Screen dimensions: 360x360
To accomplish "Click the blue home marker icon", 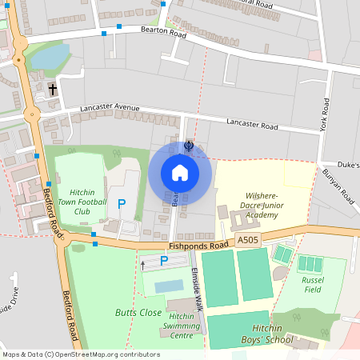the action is [180, 173].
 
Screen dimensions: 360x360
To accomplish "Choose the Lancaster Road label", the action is [251, 126].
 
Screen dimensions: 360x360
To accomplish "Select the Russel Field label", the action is [312, 286].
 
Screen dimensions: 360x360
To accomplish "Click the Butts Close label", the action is [138, 311].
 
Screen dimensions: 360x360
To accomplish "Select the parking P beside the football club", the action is [122, 205].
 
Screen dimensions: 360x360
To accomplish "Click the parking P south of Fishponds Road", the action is [164, 260].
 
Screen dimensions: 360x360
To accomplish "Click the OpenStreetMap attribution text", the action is [80, 354].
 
